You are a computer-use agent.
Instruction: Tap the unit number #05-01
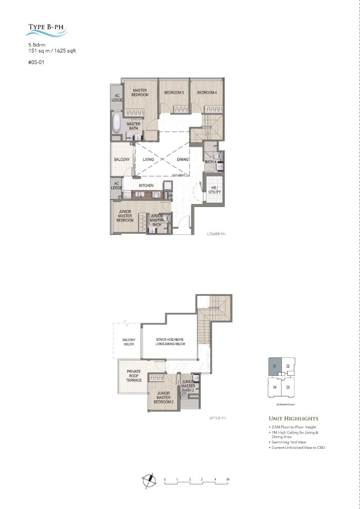[36, 62]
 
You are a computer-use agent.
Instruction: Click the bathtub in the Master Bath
[117, 123]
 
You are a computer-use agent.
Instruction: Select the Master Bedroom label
[140, 93]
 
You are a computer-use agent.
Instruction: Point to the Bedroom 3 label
[174, 93]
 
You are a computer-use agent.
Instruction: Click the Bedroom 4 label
[207, 93]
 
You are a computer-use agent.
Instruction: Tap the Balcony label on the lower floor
[122, 160]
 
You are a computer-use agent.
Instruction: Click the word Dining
[183, 160]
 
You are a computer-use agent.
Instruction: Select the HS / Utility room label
[215, 190]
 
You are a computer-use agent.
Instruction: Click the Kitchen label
[146, 186]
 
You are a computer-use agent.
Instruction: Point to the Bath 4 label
[211, 162]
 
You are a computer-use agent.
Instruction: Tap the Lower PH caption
[216, 234]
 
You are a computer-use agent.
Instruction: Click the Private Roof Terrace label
[134, 376]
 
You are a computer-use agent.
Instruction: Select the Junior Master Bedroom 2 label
[163, 398]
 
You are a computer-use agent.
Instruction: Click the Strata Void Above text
[170, 339]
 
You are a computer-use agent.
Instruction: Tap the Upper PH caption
[217, 418]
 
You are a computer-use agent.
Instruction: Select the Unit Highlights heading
[293, 419]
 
